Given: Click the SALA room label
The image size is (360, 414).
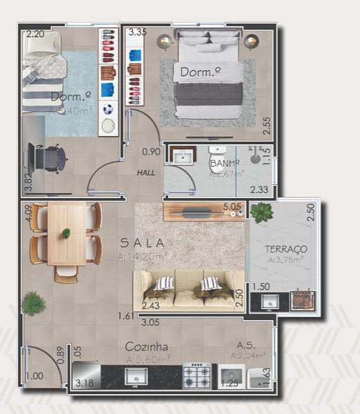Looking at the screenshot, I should pyautogui.click(x=142, y=243).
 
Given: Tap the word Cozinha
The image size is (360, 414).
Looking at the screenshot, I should pyautogui.click(x=148, y=346).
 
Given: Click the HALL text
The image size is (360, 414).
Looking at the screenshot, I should pyautogui.click(x=146, y=174).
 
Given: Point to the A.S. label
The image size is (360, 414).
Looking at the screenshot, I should pyautogui.click(x=248, y=345).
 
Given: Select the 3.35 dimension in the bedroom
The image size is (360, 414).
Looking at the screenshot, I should pyautogui.click(x=137, y=32).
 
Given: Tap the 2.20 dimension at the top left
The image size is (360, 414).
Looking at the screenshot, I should pyautogui.click(x=35, y=33).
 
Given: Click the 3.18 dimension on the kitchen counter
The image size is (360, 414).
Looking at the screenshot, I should pyautogui.click(x=84, y=383).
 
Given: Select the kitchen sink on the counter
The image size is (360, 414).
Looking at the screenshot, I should pyautogui.click(x=136, y=376).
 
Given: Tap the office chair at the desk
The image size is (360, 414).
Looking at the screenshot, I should pyautogui.click(x=48, y=159).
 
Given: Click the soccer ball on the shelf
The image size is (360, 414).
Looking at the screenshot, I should pyautogui.click(x=108, y=108).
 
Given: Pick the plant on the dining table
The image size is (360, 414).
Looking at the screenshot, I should pyautogui.click(x=66, y=233).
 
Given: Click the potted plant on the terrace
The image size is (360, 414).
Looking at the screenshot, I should pyautogui.click(x=261, y=212).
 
